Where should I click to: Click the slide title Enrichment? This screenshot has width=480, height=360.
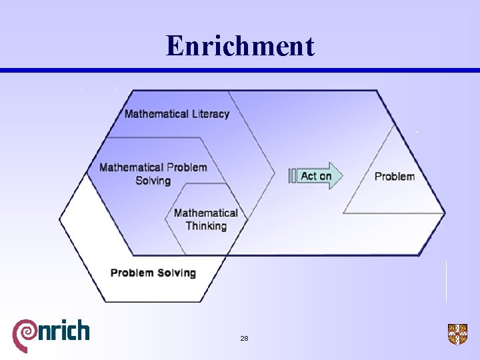(240, 46)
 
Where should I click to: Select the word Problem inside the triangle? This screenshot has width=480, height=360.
(395, 177)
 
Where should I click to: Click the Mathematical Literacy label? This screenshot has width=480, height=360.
(177, 114)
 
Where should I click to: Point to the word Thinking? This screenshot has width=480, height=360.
(206, 226)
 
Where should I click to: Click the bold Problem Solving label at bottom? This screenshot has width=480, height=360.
(153, 273)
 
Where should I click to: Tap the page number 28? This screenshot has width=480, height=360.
(244, 339)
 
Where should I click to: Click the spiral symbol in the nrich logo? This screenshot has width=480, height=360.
(25, 333)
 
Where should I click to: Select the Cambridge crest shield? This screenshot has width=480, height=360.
(457, 334)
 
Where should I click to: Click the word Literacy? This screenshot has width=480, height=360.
(209, 114)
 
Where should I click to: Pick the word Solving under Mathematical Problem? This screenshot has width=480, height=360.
(153, 181)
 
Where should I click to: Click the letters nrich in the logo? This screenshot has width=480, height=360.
(63, 330)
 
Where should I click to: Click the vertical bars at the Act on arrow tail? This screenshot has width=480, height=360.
(292, 176)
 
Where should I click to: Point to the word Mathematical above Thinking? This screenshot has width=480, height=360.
(206, 213)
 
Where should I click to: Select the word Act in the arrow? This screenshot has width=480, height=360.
(309, 176)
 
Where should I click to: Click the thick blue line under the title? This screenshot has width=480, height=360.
(240, 71)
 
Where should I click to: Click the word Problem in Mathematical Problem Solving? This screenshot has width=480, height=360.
(187, 167)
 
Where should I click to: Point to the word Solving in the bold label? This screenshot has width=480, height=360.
(175, 273)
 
